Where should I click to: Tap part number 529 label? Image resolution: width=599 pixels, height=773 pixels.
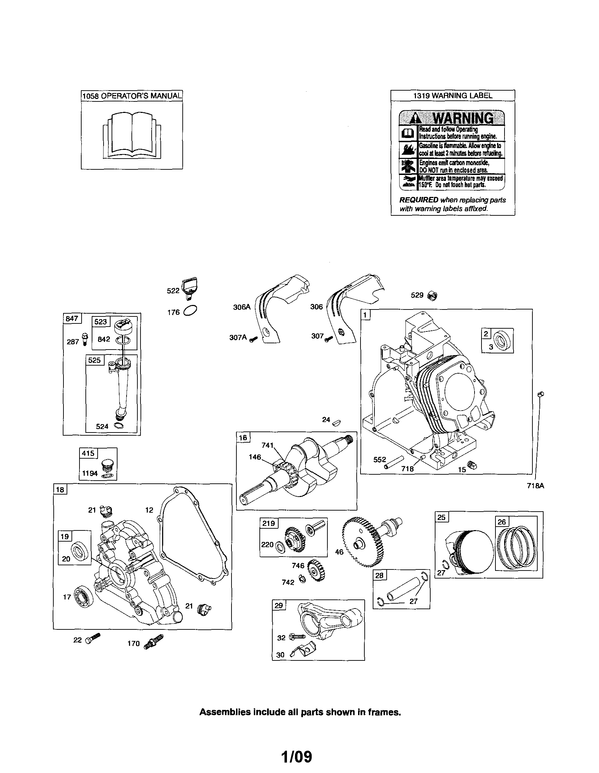[417, 295]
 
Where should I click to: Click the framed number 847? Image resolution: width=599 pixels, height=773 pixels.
[72, 319]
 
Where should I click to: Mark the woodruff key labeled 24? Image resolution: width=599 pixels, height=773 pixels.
[337, 422]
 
